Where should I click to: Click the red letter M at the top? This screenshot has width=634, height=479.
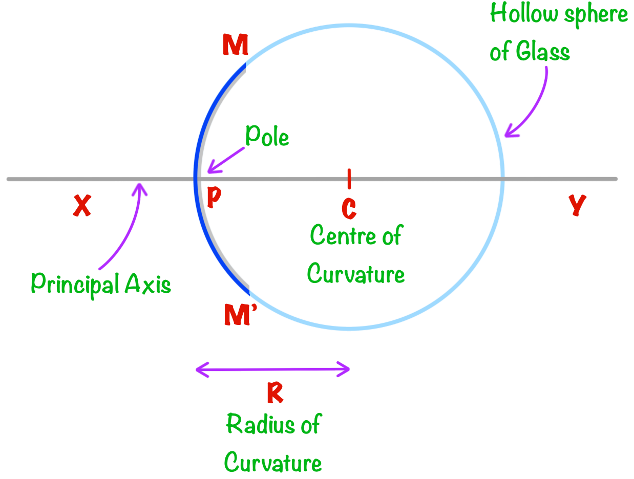coord(236,47)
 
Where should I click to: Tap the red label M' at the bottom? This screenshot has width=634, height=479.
coord(238,315)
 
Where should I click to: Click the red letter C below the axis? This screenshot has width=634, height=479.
coord(349,208)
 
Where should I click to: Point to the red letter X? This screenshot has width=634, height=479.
coord(82,206)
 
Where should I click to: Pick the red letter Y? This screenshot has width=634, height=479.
coord(577,206)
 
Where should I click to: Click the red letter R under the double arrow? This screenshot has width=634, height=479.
coord(275,394)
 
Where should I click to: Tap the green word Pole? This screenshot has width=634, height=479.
coord(267,137)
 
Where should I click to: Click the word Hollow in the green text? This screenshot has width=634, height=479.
coord(524,14)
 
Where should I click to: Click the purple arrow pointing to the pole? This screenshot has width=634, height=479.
coord(225,159)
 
